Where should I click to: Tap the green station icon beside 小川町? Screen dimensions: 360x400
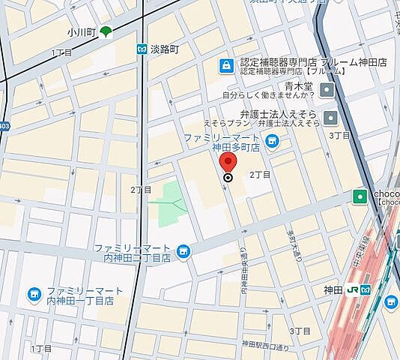pos(106,31)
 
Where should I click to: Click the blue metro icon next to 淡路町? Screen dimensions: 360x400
pos(140,49)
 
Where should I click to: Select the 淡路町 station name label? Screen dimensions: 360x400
pos(165,49)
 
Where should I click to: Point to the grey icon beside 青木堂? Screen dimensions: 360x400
pos(326,91)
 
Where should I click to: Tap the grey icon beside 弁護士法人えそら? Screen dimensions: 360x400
pos(330,118)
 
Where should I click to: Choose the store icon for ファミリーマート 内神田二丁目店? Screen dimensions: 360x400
pos(184,251)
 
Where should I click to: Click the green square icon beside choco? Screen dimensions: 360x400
pos(360,196)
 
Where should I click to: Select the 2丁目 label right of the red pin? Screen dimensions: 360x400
pos(259,175)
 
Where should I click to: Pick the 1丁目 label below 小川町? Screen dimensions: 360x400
pos(61,52)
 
